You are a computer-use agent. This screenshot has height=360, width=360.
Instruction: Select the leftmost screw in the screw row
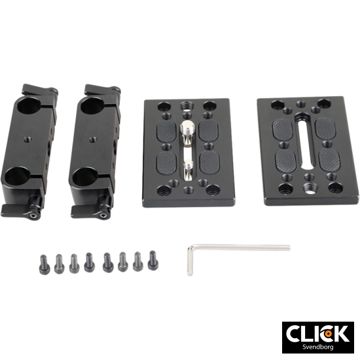point(43,263)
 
